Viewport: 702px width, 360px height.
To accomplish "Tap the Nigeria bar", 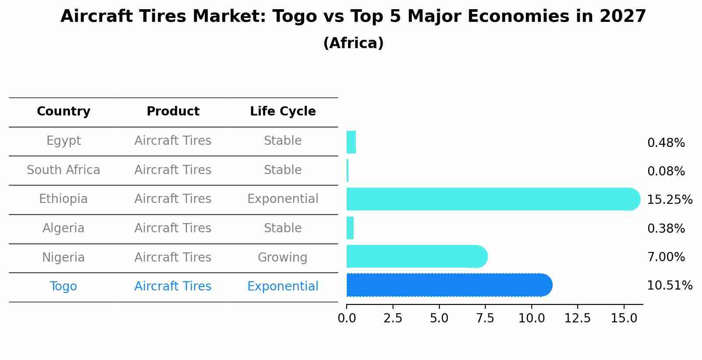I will coord(416,256).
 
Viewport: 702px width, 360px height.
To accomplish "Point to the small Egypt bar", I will coord(351,142).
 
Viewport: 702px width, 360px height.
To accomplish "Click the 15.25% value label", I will coord(669,200).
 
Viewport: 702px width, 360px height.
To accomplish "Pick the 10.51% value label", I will coord(669,286).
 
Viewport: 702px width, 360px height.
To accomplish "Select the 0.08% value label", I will coord(666,171).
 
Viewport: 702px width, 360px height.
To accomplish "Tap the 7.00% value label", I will coord(666,257).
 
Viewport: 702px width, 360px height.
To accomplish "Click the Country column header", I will coord(63,112).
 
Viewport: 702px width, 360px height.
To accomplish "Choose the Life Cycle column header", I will coord(283,112).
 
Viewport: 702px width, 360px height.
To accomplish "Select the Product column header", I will coord(173,112).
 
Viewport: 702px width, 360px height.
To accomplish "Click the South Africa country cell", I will coord(63,170).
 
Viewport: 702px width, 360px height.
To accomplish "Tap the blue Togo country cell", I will coord(63,287).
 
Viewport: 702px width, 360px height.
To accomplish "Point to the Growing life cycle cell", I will coord(282,258).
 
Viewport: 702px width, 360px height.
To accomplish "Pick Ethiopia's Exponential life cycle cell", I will coord(283,199).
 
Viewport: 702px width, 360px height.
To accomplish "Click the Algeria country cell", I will coord(63,228).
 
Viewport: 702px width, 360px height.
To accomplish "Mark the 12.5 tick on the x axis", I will coord(577,318).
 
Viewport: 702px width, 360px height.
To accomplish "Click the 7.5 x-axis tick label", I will coord(485,318).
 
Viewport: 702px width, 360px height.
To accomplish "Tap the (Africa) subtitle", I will coord(353,43).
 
